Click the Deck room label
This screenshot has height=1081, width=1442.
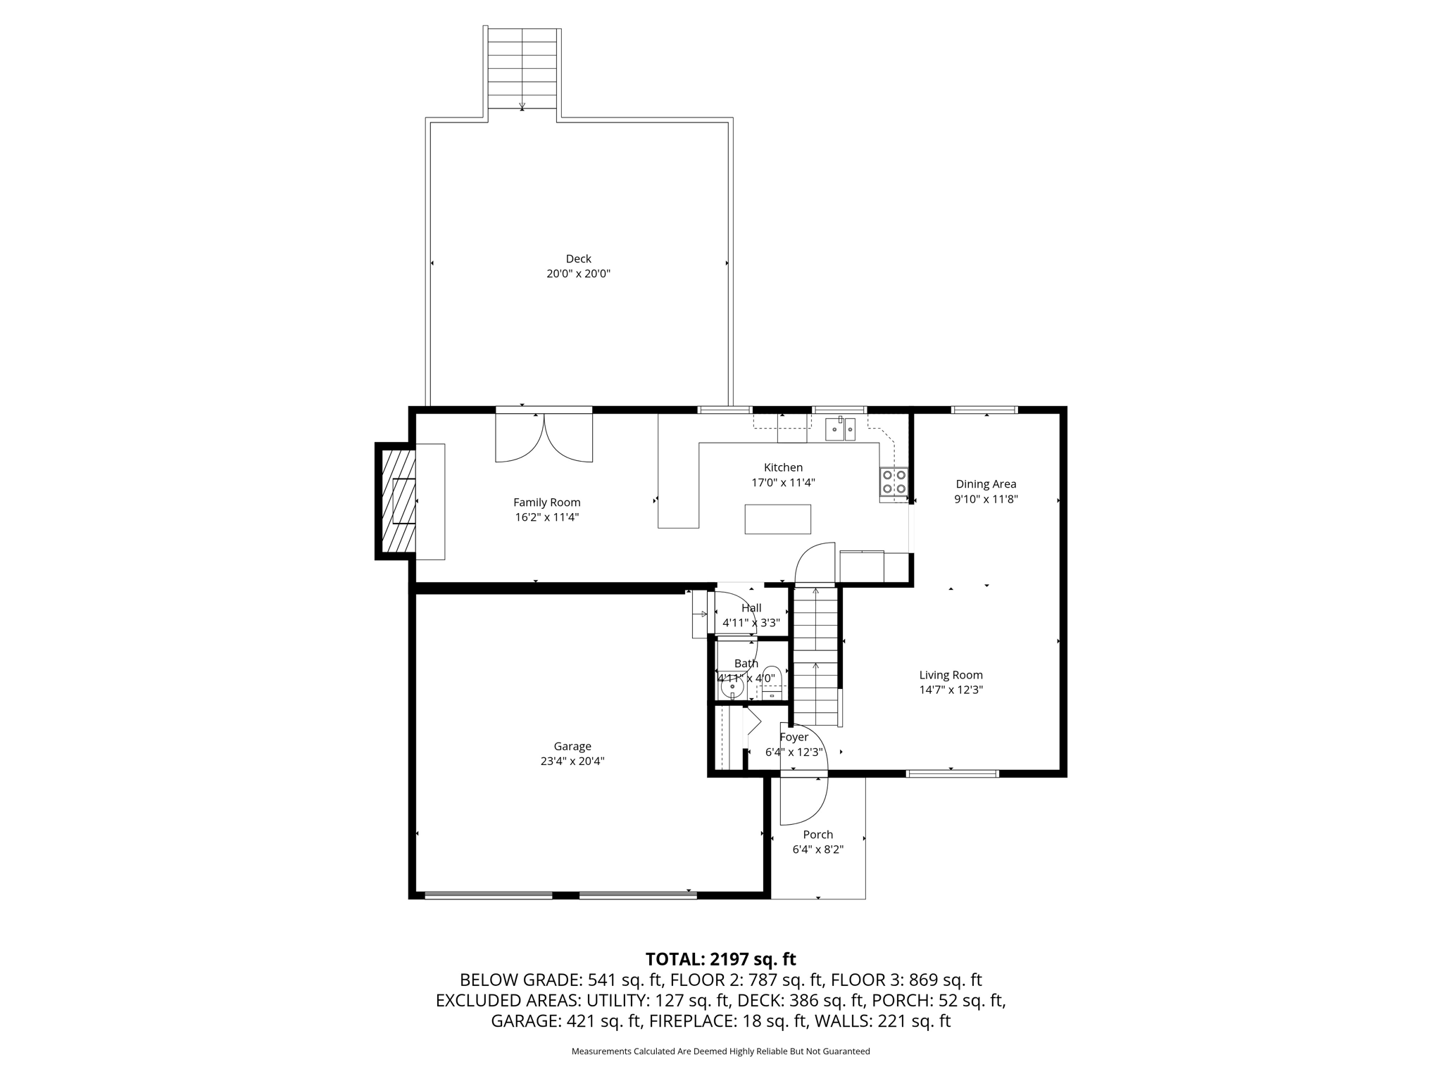coord(578,258)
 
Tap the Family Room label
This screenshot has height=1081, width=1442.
coord(546,502)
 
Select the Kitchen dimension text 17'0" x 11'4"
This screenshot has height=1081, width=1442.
coord(783,483)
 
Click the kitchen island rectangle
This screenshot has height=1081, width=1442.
coord(777,519)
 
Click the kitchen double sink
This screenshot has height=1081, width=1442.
coord(841,429)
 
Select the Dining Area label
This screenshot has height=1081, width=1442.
coord(986,483)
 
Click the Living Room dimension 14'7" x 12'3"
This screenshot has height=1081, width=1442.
coord(951,690)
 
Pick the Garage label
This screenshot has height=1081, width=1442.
coord(572,746)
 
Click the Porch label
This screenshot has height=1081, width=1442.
coord(817,835)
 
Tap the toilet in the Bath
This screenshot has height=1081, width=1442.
coord(772,681)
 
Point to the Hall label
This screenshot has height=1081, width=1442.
coord(751,608)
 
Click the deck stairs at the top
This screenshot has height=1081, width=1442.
coord(522,68)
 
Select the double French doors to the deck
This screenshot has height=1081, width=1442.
coord(544,437)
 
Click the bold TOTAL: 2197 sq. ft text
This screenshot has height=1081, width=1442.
coord(720,959)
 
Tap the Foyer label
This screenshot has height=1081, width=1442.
coord(794,737)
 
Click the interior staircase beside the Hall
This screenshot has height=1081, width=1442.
coord(815,656)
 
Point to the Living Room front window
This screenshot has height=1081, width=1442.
coord(952,773)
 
